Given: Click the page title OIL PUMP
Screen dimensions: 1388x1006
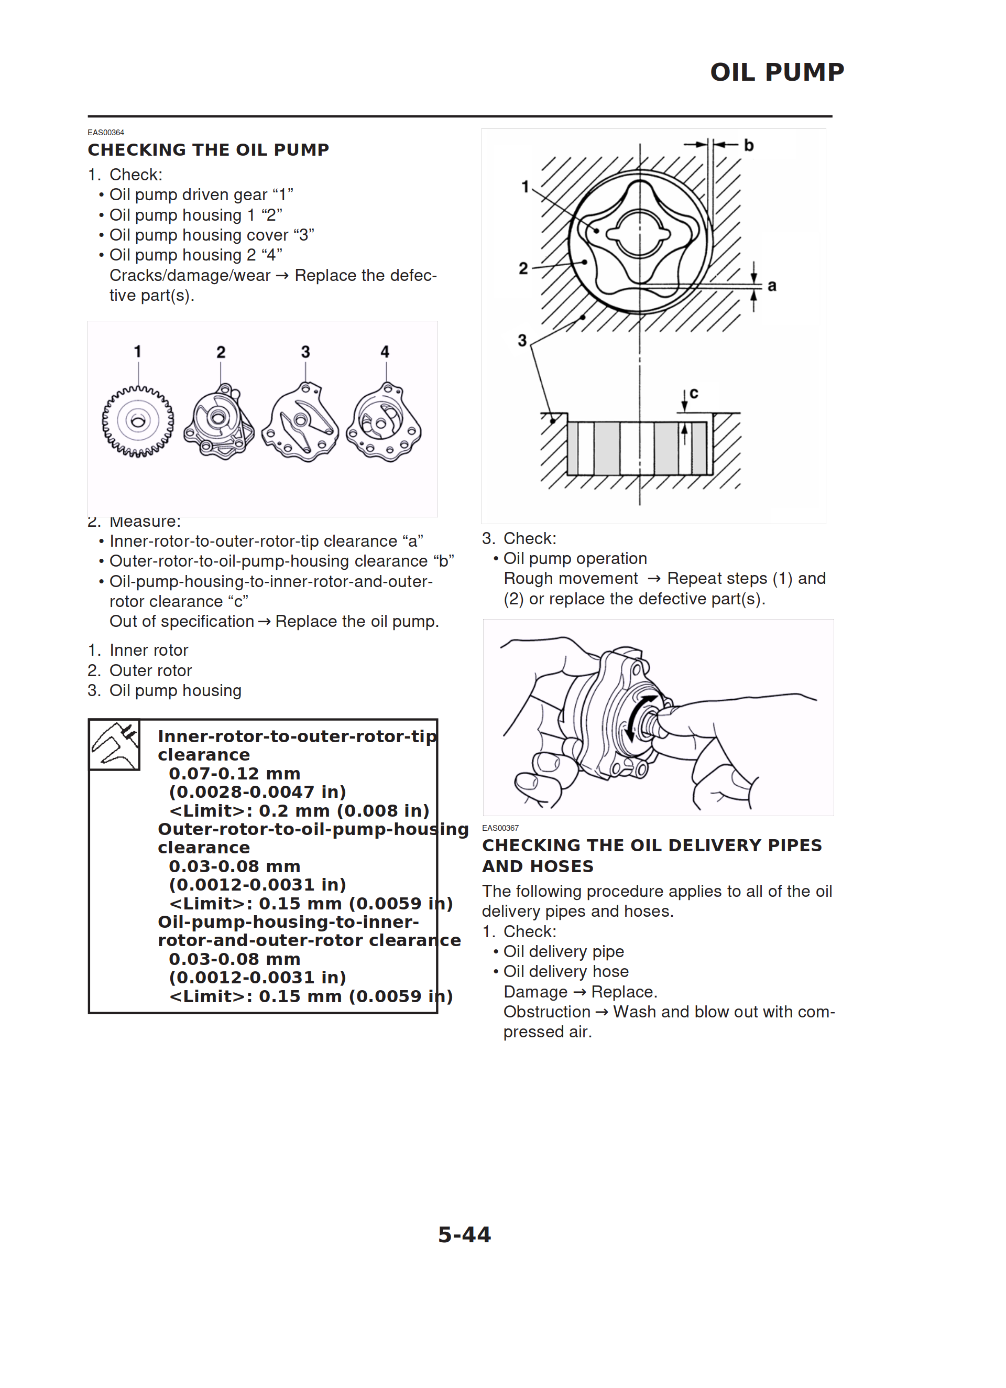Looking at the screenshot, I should (x=777, y=72).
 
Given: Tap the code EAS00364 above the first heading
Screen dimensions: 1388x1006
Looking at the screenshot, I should (x=106, y=132).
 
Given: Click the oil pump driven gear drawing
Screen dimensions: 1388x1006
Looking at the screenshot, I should (x=138, y=421).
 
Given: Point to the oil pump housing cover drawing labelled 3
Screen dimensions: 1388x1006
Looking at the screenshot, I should (x=300, y=423).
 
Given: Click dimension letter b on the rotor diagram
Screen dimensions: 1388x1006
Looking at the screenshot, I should (x=748, y=145).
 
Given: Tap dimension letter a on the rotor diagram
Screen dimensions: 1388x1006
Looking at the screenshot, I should (x=772, y=285).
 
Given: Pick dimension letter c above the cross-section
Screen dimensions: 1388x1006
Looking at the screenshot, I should (x=693, y=393).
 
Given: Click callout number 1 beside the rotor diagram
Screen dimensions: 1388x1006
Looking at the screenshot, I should (x=524, y=186).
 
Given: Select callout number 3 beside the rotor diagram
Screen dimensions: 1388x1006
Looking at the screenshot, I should (x=522, y=340).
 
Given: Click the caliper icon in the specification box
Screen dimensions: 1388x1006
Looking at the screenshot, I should (x=114, y=744).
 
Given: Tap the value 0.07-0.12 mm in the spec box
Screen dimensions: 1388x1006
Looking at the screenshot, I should (x=234, y=774).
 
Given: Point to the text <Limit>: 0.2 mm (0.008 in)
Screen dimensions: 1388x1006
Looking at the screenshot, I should (x=299, y=810).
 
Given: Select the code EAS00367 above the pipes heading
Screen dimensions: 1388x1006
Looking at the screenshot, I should (x=500, y=828).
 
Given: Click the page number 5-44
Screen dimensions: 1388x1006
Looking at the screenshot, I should (x=464, y=1234).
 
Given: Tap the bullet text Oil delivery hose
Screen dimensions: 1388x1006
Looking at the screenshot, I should (x=565, y=971).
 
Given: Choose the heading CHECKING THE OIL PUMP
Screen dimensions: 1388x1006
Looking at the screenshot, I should (x=208, y=150).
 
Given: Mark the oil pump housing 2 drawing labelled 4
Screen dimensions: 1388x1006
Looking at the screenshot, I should (x=383, y=423).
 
